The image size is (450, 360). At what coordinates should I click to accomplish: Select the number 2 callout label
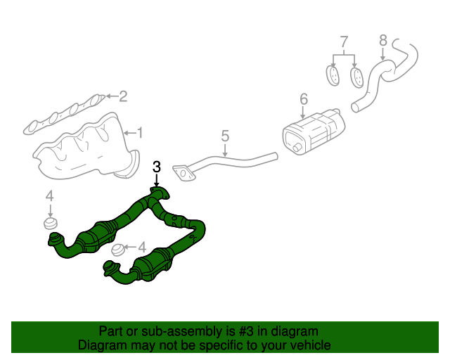(x=122, y=96)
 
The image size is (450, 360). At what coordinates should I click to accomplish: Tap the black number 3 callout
(x=157, y=167)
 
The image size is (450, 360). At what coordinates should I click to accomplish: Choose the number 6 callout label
(x=303, y=100)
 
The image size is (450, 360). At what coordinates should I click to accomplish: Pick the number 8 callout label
(x=383, y=39)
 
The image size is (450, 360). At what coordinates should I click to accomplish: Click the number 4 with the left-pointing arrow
(x=143, y=247)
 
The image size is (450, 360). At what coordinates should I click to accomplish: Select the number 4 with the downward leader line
(x=50, y=196)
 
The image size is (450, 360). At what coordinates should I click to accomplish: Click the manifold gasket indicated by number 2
(x=63, y=115)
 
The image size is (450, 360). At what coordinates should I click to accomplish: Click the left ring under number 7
(x=333, y=74)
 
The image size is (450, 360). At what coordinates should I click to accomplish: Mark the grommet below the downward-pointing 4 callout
(x=51, y=224)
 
